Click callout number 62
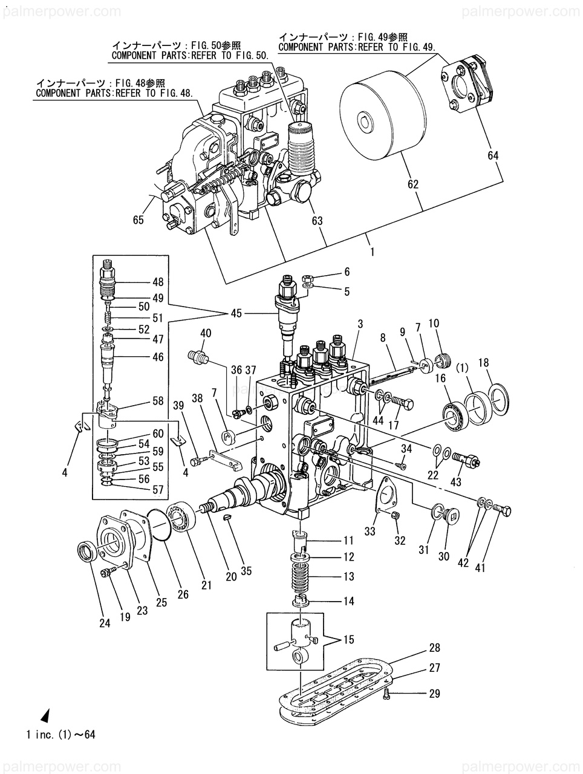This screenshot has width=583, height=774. point(412,184)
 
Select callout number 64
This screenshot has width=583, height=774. point(493,155)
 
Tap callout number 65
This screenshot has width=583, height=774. point(138,220)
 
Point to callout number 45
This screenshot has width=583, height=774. point(236,313)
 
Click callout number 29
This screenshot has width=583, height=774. point(434,694)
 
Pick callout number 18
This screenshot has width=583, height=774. point(484,362)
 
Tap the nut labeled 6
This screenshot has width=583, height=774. point(307,279)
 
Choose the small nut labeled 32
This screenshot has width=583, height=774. point(396,516)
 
